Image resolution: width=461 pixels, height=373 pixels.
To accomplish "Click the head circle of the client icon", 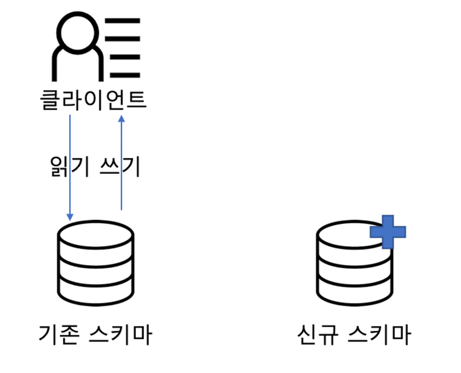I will pyautogui.click(x=78, y=30).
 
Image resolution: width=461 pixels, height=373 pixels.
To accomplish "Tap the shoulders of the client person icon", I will pyautogui.click(x=78, y=63).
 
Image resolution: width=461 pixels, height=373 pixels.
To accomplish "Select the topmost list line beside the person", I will pyautogui.click(x=124, y=20).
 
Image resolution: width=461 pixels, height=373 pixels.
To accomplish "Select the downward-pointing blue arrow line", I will pyautogui.click(x=70, y=165).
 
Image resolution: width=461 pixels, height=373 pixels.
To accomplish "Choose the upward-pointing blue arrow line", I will pyautogui.click(x=121, y=165).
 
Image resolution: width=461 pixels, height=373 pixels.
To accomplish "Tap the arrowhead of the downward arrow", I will pyautogui.click(x=70, y=217).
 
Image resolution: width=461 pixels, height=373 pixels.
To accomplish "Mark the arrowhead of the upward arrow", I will pyautogui.click(x=121, y=118).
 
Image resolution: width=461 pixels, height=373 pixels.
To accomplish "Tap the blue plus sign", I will pyautogui.click(x=388, y=232).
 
